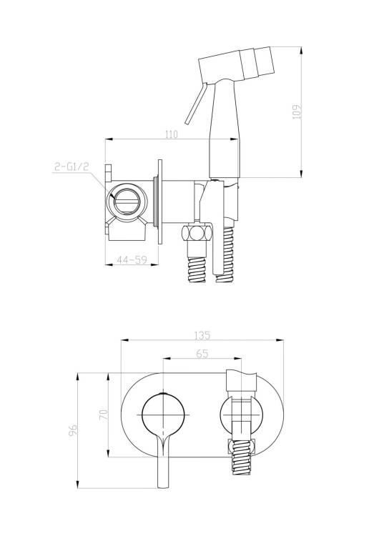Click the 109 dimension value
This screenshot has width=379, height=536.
297,111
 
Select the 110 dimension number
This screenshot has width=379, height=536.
172,134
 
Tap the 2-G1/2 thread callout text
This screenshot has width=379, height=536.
72,167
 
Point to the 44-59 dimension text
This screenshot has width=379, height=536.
132,260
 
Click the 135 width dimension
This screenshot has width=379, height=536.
202,336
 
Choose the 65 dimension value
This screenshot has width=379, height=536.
202,354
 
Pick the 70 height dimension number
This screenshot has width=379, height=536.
105,415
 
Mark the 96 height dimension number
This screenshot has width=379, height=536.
73,430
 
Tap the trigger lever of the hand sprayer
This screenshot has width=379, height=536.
196,103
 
